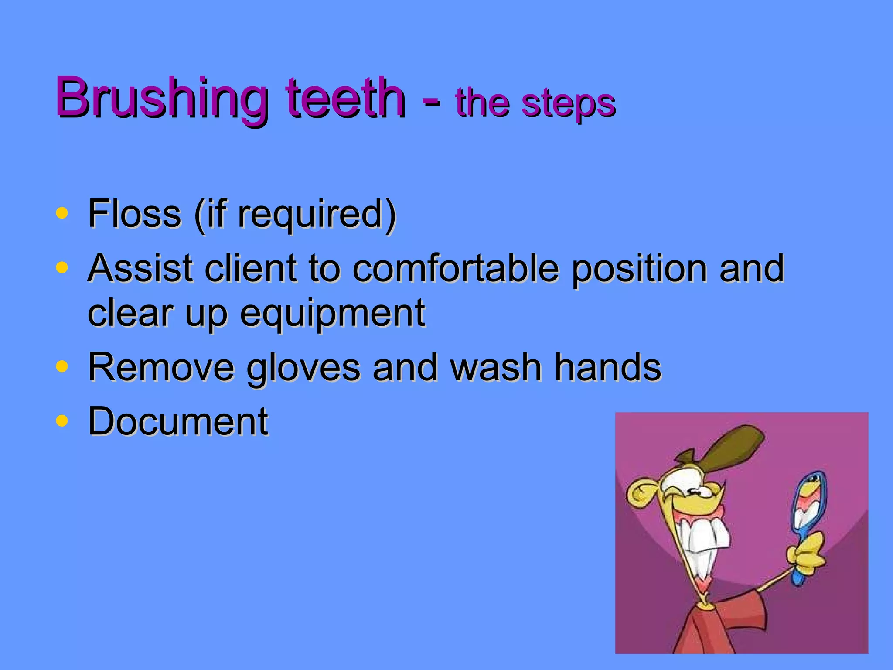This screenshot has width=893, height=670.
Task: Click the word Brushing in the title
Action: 161,98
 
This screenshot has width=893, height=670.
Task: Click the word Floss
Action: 134,214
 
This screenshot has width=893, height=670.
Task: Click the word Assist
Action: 140,268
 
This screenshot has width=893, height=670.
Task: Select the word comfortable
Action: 456,268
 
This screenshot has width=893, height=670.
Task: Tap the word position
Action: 639,269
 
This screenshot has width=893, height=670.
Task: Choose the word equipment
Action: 332,314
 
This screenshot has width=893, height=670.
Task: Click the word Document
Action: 178,421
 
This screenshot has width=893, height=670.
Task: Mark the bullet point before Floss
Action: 62,213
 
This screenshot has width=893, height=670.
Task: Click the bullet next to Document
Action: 62,421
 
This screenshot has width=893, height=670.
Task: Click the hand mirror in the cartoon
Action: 809,506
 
